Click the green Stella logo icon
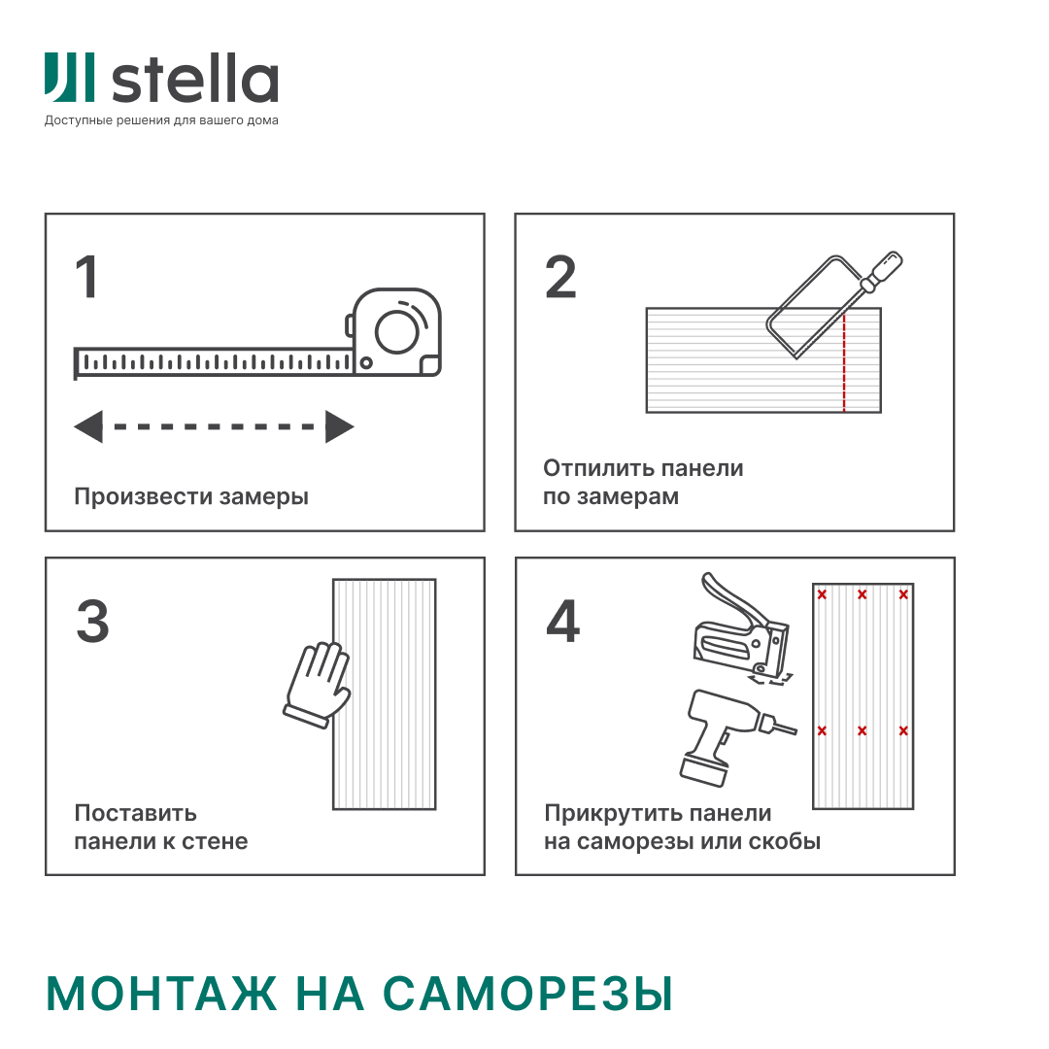coord(69,78)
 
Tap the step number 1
coord(87,276)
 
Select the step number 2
coord(560,276)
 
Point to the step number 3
coord(92,621)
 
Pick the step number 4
coord(562,621)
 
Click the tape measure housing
coord(394,332)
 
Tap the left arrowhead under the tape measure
coord(88,426)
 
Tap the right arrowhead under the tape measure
coord(339,426)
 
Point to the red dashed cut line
coord(844,361)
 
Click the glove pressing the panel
coord(318,684)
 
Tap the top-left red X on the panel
coord(823,594)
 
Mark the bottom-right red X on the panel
coord(903,730)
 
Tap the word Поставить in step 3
coord(136,813)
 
